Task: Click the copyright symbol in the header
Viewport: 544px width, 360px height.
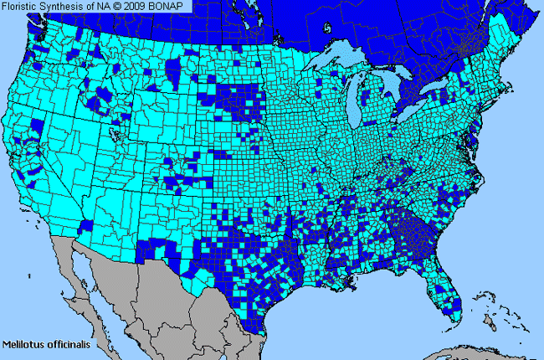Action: click(x=113, y=6)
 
